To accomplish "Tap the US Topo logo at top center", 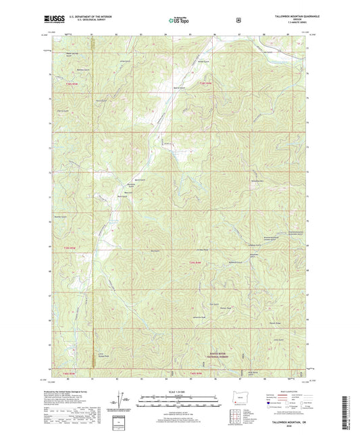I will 179,21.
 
